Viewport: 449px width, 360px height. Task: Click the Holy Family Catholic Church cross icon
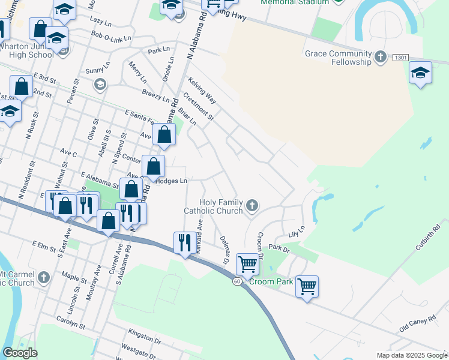252,206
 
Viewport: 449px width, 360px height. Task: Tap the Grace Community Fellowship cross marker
379,58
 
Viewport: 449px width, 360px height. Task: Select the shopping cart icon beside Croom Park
307,286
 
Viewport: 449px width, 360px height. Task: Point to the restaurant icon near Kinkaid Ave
184,242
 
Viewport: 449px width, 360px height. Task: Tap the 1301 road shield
401,58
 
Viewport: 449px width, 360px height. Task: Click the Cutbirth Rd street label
426,237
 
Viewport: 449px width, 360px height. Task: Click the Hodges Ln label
172,181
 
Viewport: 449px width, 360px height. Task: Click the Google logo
20,353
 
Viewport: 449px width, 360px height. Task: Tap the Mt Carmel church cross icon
43,277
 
